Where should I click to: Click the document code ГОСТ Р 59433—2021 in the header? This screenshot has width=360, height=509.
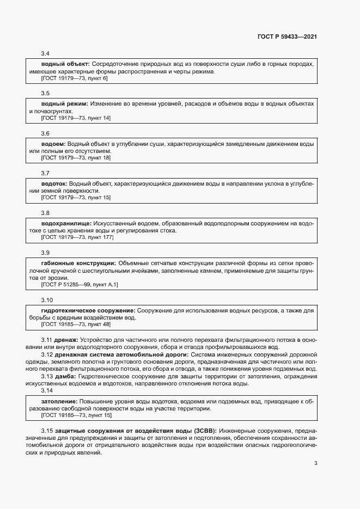[287, 36]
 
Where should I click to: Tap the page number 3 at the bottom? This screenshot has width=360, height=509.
[316, 464]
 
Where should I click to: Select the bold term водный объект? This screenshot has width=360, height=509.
[65, 64]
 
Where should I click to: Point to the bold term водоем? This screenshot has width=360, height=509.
[53, 144]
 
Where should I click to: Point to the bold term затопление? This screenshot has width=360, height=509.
[59, 401]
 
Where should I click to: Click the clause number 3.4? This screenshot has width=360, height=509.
[45, 53]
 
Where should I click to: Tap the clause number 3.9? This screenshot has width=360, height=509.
[45, 253]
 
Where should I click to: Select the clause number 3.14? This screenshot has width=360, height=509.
[47, 390]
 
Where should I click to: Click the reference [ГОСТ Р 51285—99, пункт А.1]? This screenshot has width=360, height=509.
[80, 285]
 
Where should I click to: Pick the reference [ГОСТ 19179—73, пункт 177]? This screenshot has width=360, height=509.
[77, 237]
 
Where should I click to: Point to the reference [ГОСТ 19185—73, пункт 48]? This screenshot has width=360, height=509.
[76, 324]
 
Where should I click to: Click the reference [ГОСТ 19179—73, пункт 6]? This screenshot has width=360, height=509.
[74, 78]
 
